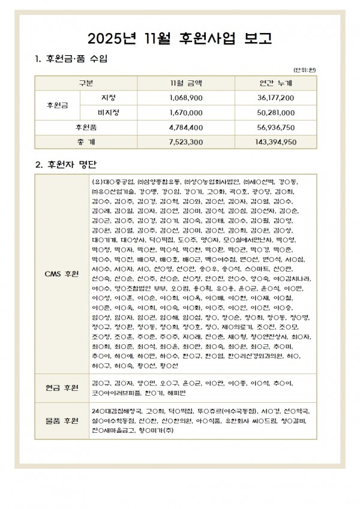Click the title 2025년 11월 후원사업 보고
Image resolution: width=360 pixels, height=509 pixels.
coord(180,39)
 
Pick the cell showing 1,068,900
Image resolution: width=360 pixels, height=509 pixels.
coord(187,97)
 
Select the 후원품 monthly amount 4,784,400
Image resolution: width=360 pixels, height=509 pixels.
coord(187,127)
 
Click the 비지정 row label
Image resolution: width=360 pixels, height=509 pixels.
coord(109,112)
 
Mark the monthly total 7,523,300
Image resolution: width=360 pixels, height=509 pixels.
coord(187,142)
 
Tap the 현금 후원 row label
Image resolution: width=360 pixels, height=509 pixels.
coord(62,387)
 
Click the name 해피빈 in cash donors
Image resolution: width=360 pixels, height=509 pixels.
coord(175,393)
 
